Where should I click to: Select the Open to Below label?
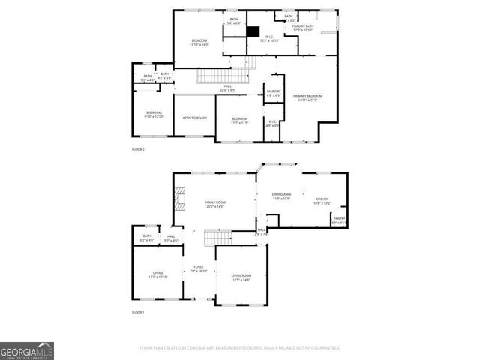coord(194,118)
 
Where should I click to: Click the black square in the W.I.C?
coord(255,31)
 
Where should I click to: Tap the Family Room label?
coord(215,204)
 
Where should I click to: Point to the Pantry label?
coord(339,220)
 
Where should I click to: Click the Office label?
coord(158,274)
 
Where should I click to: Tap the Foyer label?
coord(199,268)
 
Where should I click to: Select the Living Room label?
coord(241,277)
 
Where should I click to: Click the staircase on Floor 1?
coord(216,239)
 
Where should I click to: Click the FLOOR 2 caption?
coord(138,150)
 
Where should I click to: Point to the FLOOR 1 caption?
coord(138,311)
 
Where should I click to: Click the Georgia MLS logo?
coord(26,350)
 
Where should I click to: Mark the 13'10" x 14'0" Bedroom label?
coord(199,42)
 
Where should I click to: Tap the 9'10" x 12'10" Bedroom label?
coord(154,114)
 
